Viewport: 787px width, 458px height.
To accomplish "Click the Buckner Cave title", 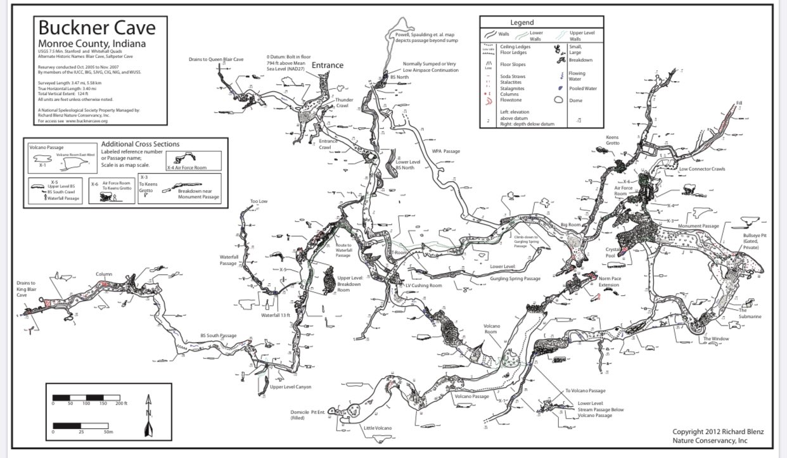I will [96, 29].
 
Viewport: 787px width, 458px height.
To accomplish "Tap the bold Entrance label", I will [327, 65].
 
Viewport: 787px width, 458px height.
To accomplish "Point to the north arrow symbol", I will [148, 416].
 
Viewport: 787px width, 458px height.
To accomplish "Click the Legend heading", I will [521, 22].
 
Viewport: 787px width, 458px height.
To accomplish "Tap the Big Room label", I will [571, 224].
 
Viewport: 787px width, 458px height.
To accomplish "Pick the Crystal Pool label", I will [617, 252].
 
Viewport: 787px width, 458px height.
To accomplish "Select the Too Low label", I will [259, 201].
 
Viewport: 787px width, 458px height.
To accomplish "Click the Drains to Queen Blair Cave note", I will [216, 60].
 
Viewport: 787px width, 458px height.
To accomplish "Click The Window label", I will [715, 339].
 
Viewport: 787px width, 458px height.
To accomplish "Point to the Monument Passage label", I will [698, 226].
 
